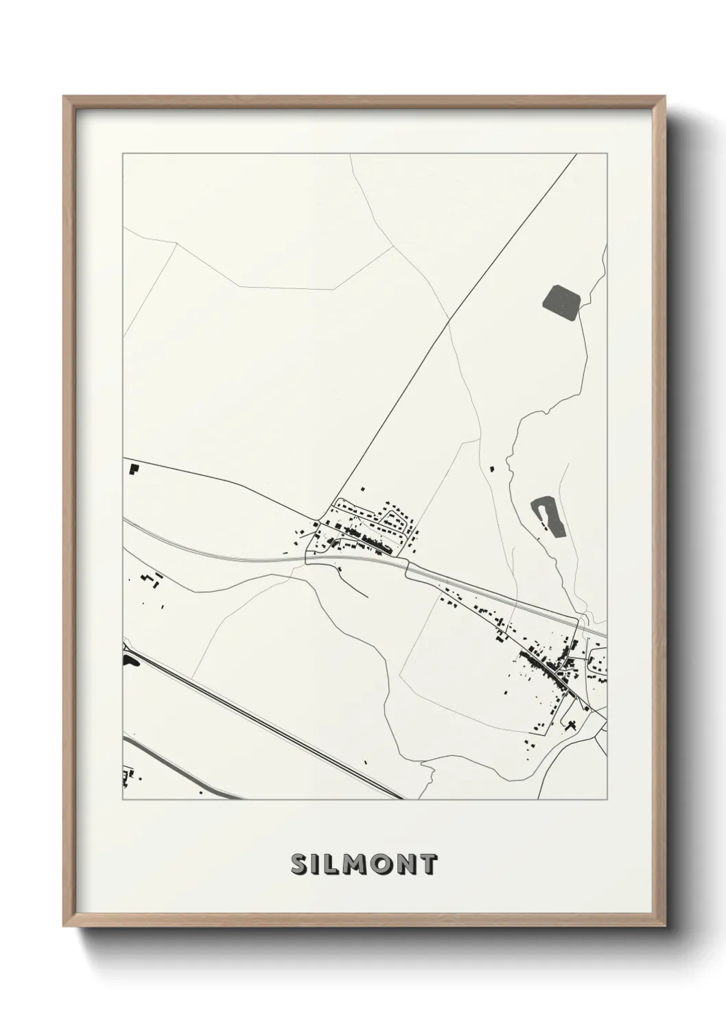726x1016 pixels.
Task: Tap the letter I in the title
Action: coord(314,864)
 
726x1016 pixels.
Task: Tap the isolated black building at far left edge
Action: coord(133,470)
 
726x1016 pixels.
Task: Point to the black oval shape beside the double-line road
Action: coord(128,660)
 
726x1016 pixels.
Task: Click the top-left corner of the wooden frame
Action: coord(65,97)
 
